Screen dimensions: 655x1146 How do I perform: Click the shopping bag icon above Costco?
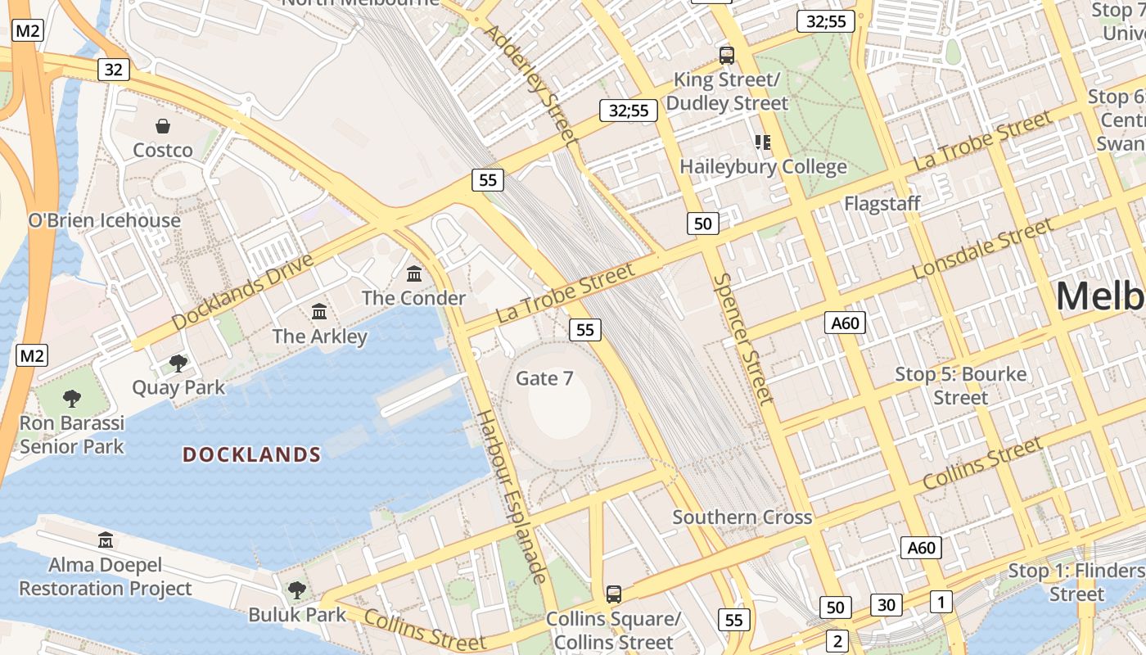point(163,126)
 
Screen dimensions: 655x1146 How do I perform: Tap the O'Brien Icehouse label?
point(104,220)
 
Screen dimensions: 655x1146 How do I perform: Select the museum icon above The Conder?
point(414,273)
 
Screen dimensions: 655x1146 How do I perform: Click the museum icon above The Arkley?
point(319,312)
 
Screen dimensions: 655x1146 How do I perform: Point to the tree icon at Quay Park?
point(178,363)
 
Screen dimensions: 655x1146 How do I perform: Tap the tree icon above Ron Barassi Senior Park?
point(72,399)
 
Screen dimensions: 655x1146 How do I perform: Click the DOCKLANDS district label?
point(251,454)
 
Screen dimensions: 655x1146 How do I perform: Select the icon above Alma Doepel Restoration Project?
point(106,540)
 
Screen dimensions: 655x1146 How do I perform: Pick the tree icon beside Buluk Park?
point(296,589)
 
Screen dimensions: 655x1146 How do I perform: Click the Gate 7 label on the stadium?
point(544,378)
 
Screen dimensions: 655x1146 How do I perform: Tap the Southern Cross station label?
point(742,517)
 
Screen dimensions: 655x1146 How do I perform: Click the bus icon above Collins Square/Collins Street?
point(613,594)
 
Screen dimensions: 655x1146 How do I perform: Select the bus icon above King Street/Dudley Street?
point(726,56)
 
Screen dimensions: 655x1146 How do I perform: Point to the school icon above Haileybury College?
point(763,142)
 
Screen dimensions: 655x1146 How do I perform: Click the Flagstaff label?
point(882,203)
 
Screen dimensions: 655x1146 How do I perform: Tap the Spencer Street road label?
point(743,338)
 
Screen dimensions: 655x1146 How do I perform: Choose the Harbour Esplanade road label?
point(511,496)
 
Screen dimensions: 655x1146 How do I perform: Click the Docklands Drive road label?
point(243,292)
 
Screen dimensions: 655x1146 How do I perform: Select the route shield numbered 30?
point(886,605)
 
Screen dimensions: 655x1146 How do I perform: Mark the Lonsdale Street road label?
point(981,248)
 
